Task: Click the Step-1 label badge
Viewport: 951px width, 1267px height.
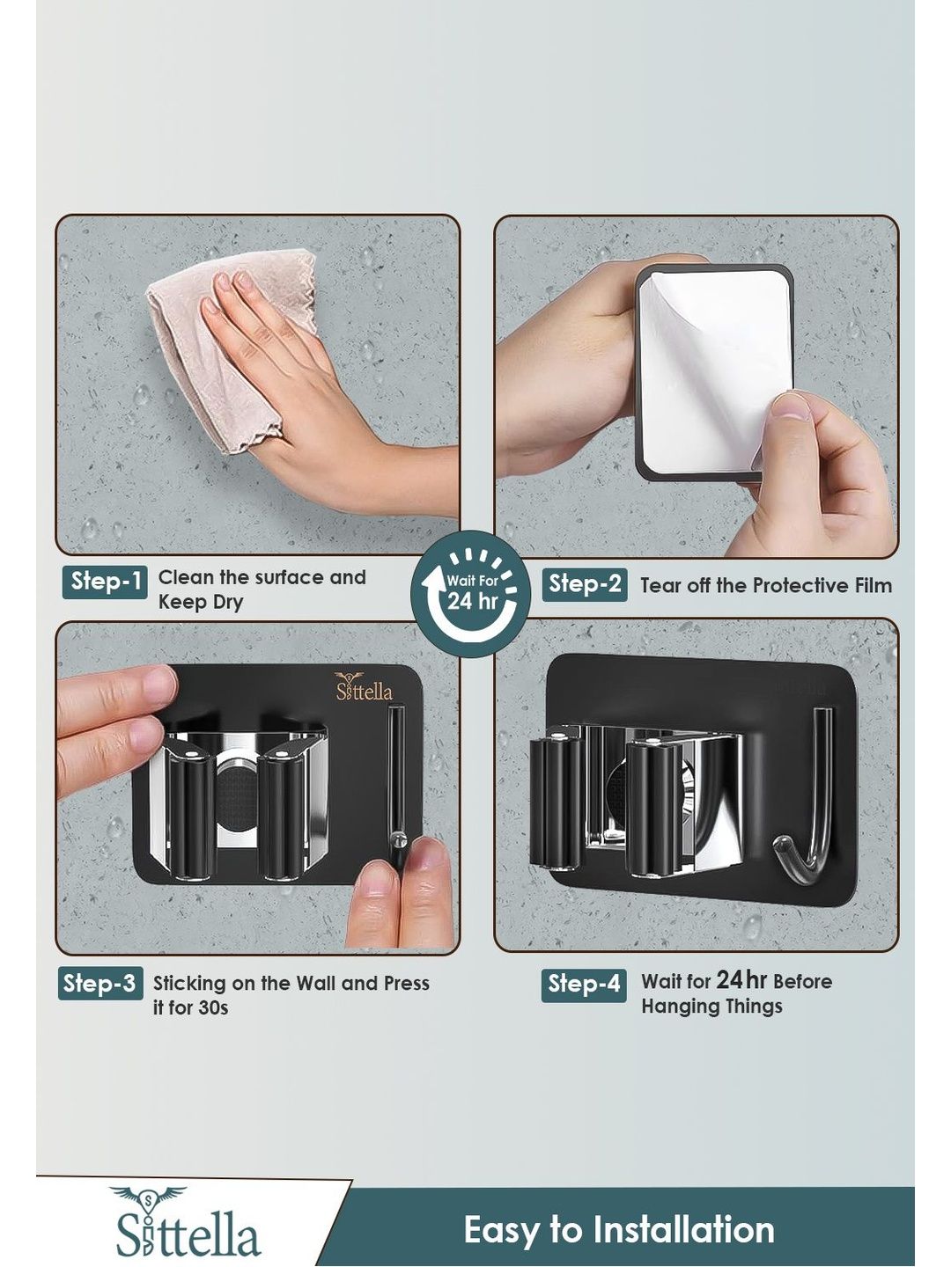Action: click(105, 582)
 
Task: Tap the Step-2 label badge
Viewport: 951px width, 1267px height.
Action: click(585, 584)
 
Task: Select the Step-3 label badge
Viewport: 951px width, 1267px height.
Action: click(100, 984)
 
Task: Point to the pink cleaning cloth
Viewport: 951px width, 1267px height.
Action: click(231, 347)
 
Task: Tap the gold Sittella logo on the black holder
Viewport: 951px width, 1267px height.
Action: click(364, 687)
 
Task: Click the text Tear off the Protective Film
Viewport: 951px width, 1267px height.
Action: click(766, 585)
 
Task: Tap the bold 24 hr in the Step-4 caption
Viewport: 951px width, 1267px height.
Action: click(741, 979)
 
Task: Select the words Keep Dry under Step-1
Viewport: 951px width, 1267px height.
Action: click(201, 602)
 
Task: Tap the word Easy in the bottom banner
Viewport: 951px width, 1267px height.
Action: click(500, 1230)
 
